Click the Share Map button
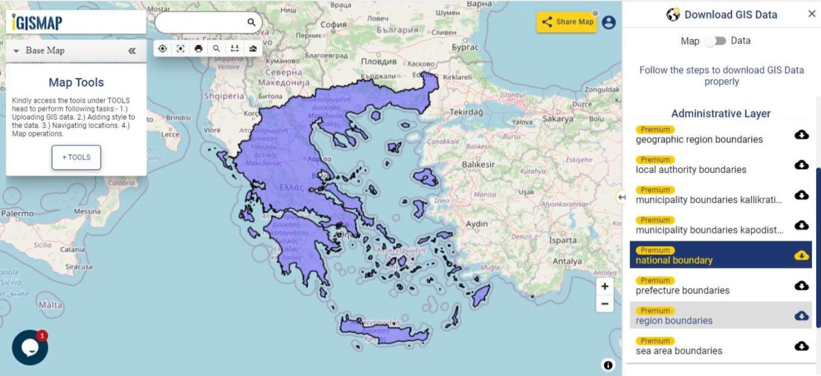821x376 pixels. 567,22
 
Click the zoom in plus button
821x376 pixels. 604,286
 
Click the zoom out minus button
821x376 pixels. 604,304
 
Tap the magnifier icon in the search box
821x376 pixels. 251,23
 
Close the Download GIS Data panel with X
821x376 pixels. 811,14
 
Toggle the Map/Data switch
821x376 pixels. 715,41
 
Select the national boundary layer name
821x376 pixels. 674,260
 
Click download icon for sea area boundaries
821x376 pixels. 801,346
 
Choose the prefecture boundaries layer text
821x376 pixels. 682,291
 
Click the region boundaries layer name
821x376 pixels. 674,321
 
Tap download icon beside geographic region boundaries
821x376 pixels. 801,135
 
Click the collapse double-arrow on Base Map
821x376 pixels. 132,51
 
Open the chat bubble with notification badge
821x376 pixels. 30,347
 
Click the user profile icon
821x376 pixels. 608,22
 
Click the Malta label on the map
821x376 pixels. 51,305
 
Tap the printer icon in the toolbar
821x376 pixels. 198,49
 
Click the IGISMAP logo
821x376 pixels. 38,23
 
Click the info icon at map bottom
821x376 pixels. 608,365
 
